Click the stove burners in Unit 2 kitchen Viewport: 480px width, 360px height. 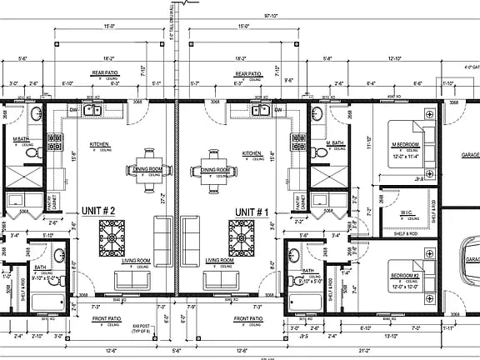tap(56, 144)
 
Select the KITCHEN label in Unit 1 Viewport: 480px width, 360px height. tap(252, 153)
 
